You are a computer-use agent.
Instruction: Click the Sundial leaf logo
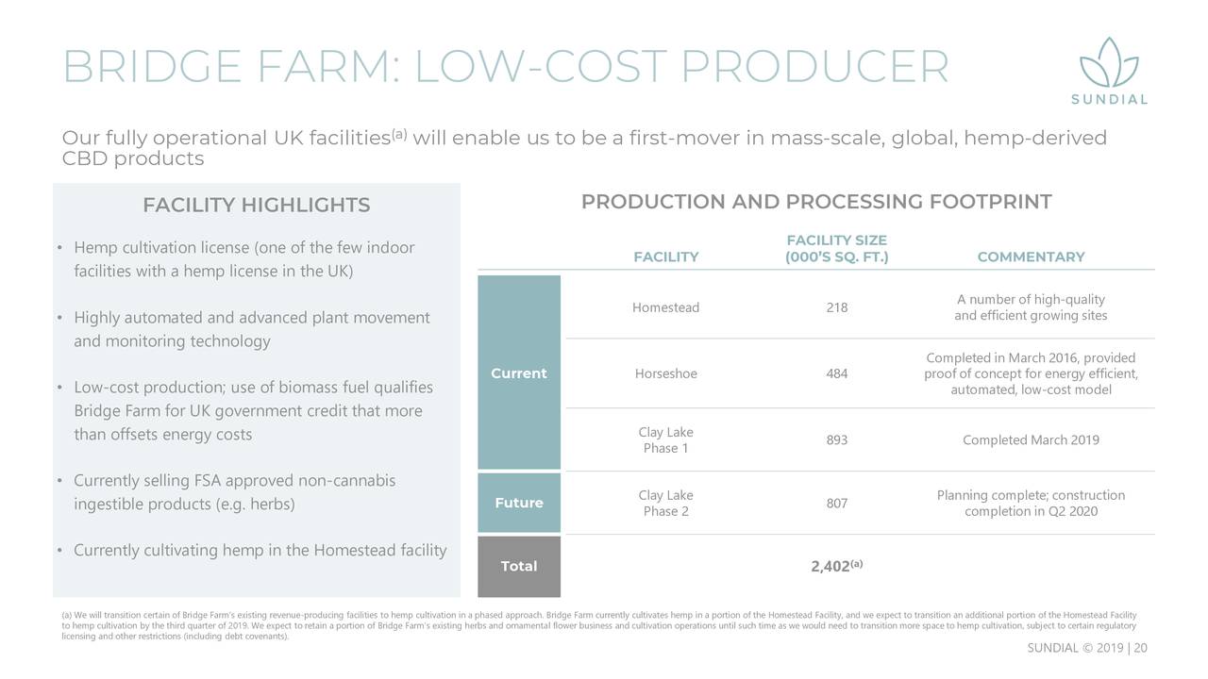(1109, 63)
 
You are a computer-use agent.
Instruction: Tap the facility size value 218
(836, 307)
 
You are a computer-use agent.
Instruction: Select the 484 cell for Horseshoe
(836, 373)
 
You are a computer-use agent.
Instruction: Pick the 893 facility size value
(836, 439)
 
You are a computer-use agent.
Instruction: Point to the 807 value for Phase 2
(836, 503)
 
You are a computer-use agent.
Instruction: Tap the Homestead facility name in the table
(665, 307)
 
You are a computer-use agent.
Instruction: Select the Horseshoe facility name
(665, 373)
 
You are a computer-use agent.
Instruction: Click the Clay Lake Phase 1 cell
(665, 439)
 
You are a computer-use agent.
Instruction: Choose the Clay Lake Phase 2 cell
(665, 503)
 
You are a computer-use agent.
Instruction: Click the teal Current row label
(519, 373)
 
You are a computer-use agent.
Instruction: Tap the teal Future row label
(519, 503)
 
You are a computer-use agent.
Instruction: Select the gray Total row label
(519, 566)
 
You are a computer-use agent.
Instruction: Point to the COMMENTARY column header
(1031, 257)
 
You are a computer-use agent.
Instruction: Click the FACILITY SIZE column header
(836, 248)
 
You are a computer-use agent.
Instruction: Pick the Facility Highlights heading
(256, 205)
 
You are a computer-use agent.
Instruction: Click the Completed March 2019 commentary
(1031, 439)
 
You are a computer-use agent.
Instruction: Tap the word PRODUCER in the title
(814, 66)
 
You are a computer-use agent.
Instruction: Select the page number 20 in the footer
(1140, 648)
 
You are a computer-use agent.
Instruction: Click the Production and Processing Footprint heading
(816, 202)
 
